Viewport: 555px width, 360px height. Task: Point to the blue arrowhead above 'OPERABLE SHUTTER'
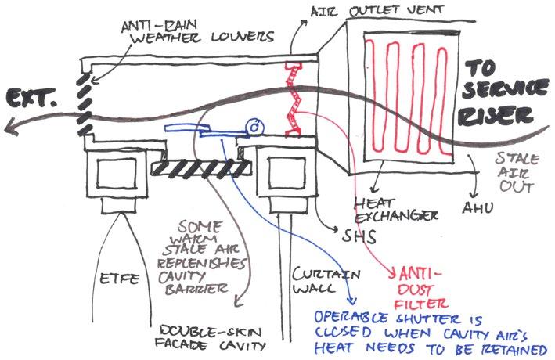(x=351, y=300)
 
